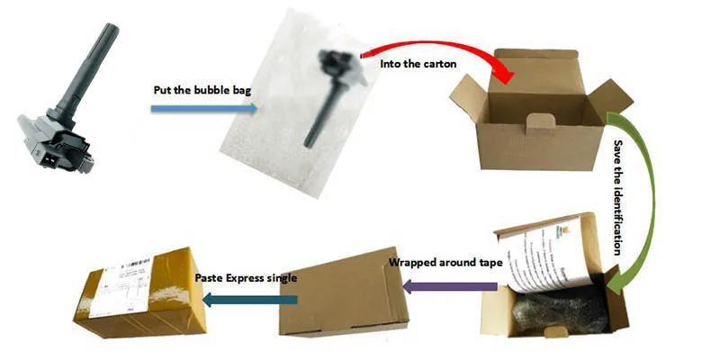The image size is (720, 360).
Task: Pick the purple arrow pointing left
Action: (450, 287)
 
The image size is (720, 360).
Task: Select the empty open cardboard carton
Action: (540, 126)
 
